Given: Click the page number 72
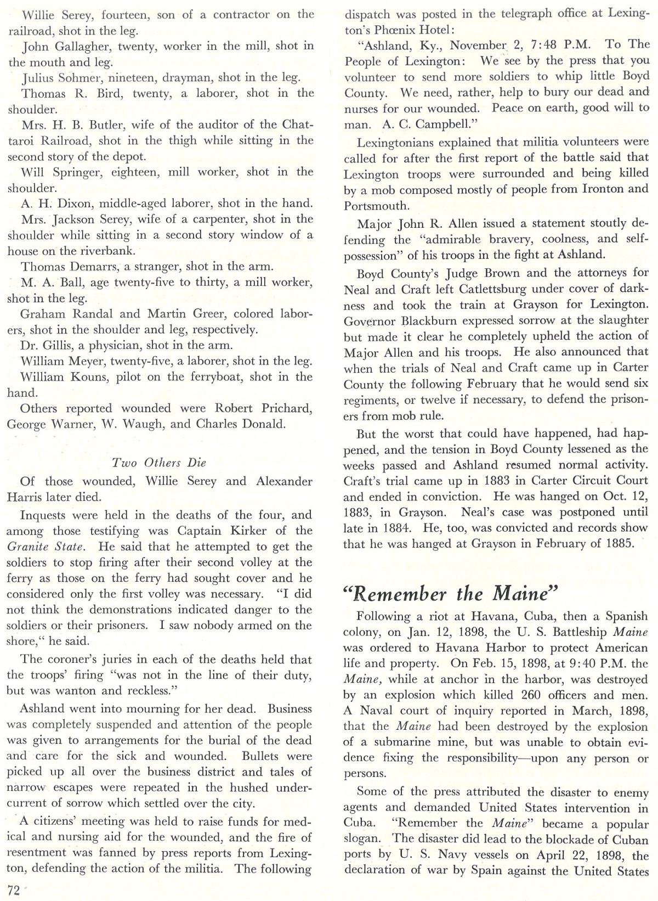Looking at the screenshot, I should point(14,889).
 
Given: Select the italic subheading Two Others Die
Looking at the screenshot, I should point(158,462).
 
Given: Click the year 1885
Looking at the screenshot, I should point(616,543).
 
